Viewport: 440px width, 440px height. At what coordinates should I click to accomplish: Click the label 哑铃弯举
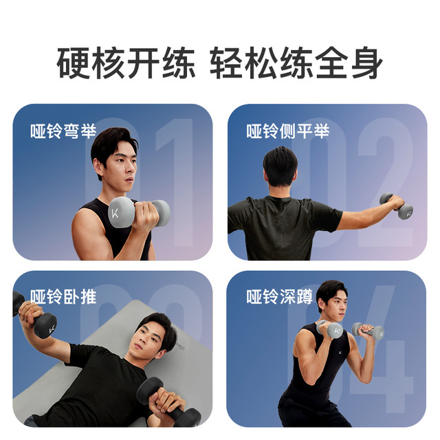click(x=63, y=131)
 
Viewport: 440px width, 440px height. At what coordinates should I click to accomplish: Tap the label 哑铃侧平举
click(x=288, y=131)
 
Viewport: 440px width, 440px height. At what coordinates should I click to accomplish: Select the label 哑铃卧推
click(x=63, y=296)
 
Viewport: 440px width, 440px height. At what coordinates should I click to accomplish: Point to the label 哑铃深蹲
click(x=280, y=296)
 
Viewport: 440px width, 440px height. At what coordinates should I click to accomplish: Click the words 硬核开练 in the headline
click(x=126, y=63)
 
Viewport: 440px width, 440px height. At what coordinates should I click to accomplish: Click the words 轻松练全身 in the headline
click(x=296, y=63)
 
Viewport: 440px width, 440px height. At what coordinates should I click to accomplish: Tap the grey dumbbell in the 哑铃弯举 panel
click(x=139, y=212)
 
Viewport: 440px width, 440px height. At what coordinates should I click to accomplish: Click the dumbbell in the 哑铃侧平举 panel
click(x=396, y=206)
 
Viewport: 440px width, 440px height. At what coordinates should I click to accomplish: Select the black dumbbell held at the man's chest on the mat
click(x=168, y=402)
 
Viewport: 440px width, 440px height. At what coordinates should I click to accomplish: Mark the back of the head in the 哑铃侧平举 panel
click(x=280, y=166)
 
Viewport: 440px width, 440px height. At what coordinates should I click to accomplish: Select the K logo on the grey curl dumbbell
click(x=115, y=214)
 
